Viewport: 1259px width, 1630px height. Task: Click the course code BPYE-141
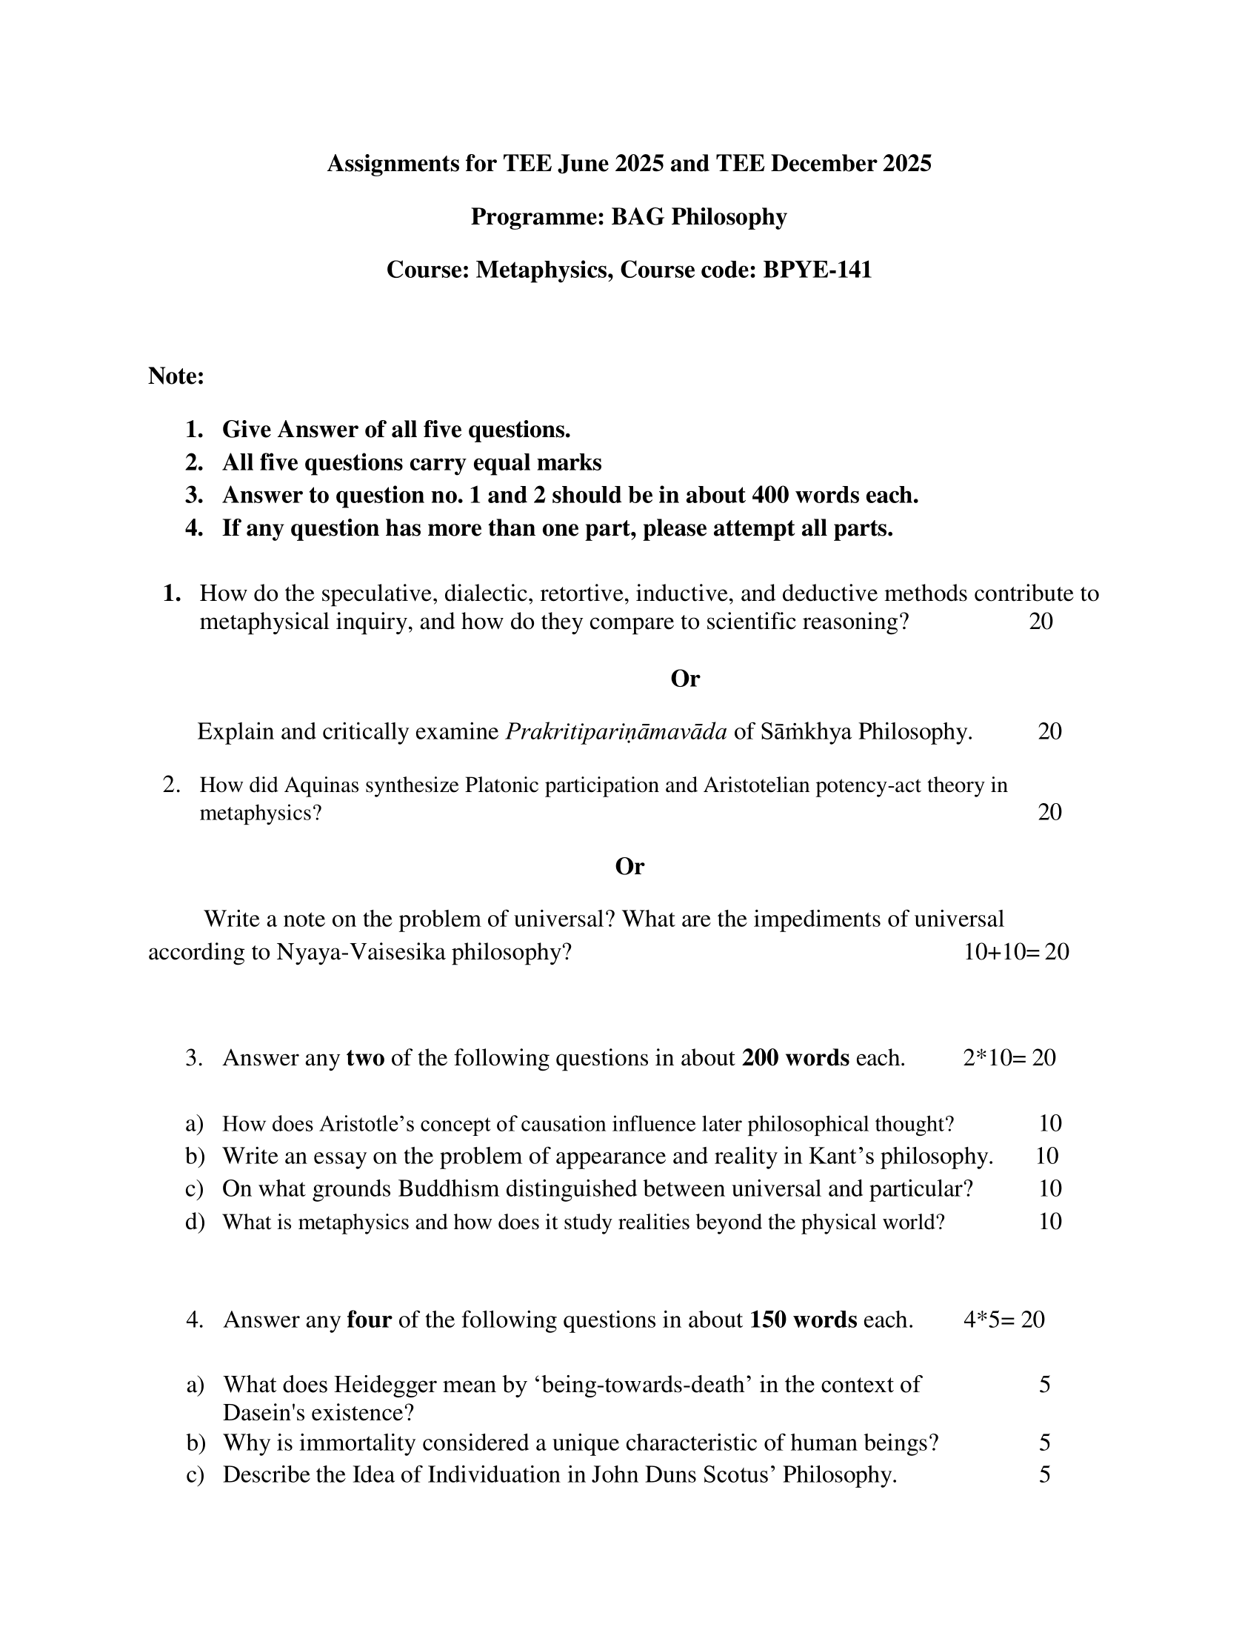817,270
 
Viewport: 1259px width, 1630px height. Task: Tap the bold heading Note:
176,376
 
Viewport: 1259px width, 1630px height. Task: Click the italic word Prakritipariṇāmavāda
616,731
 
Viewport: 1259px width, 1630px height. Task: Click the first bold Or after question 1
685,679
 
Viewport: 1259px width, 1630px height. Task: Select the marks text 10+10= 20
1016,951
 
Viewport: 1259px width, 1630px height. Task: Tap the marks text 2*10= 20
1009,1057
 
